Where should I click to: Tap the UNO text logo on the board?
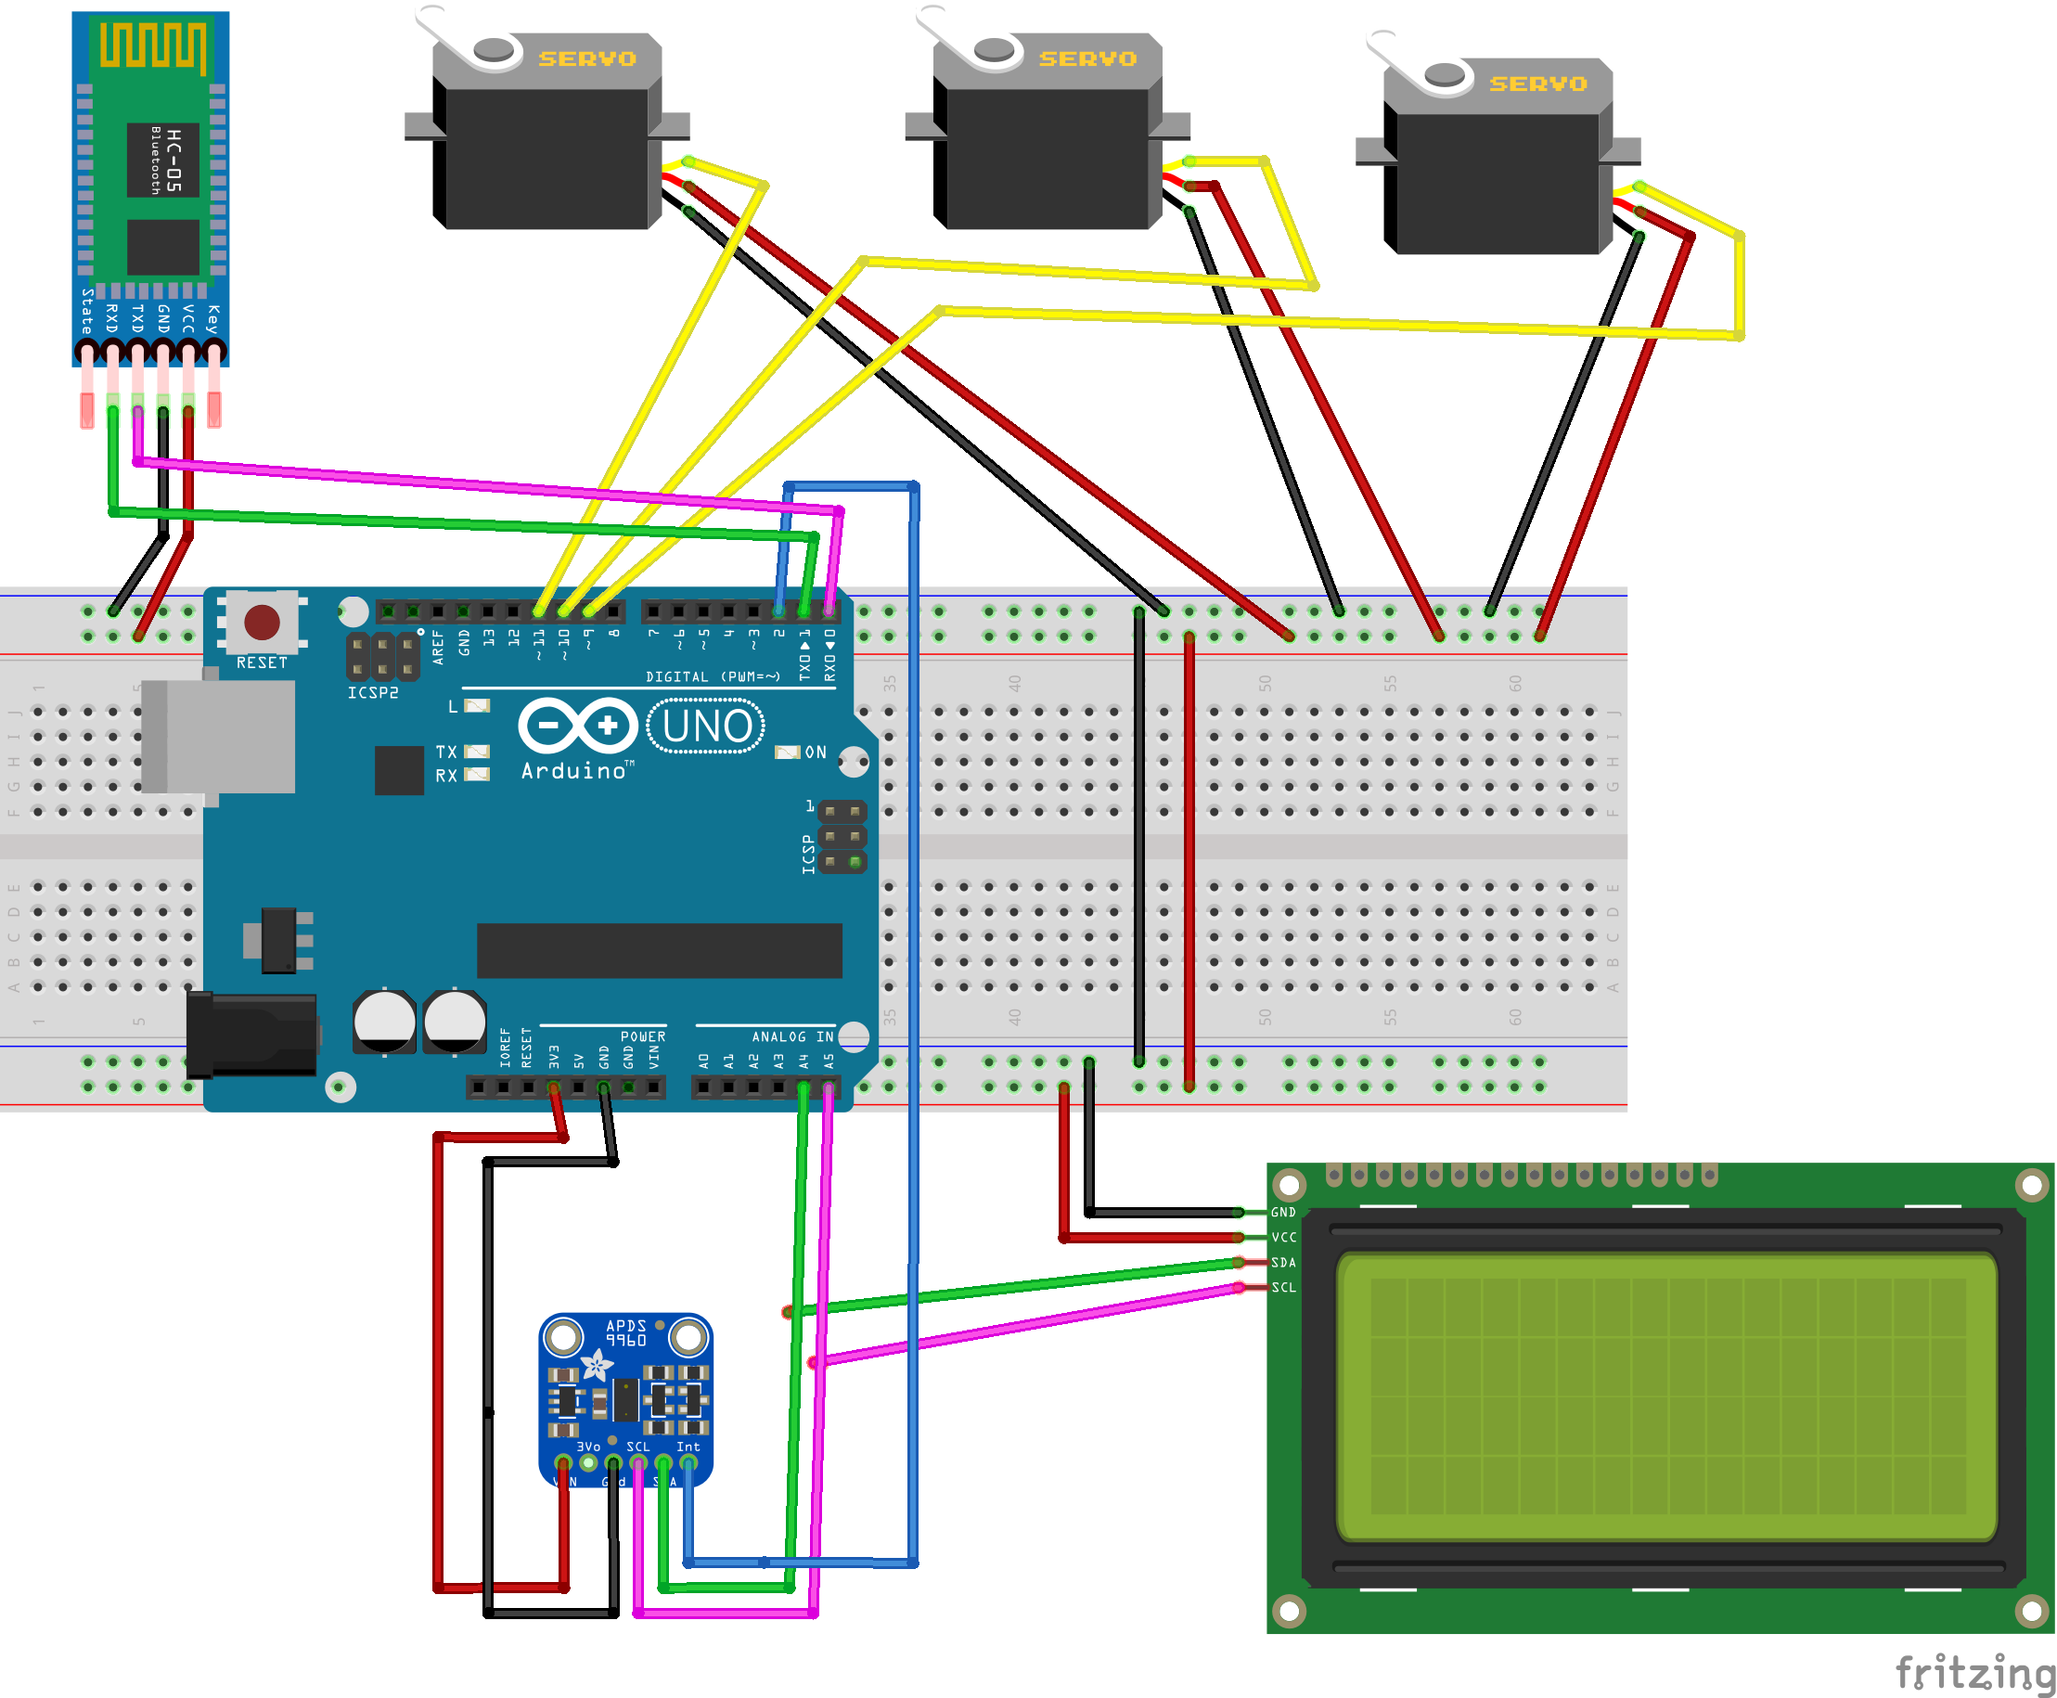[x=706, y=727]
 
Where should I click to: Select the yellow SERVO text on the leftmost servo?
[x=587, y=59]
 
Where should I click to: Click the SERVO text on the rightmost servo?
[x=1537, y=85]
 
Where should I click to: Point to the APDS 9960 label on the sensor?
[x=626, y=1333]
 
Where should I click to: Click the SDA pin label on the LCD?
[x=1283, y=1263]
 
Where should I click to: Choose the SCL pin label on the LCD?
[x=1283, y=1287]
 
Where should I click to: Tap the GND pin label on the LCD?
[x=1283, y=1213]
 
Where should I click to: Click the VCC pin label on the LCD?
[x=1283, y=1237]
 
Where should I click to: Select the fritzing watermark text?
[x=1973, y=1672]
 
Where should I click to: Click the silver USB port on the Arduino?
[x=219, y=736]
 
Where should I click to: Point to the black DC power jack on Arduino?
[x=252, y=1035]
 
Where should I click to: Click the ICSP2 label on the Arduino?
[x=373, y=692]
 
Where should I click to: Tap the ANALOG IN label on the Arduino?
[x=792, y=1036]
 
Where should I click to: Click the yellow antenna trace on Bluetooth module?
[x=152, y=46]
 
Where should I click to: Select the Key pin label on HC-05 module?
[x=213, y=319]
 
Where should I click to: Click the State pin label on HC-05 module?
[x=87, y=311]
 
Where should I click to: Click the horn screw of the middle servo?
[x=994, y=48]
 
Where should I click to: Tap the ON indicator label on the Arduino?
[x=816, y=753]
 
